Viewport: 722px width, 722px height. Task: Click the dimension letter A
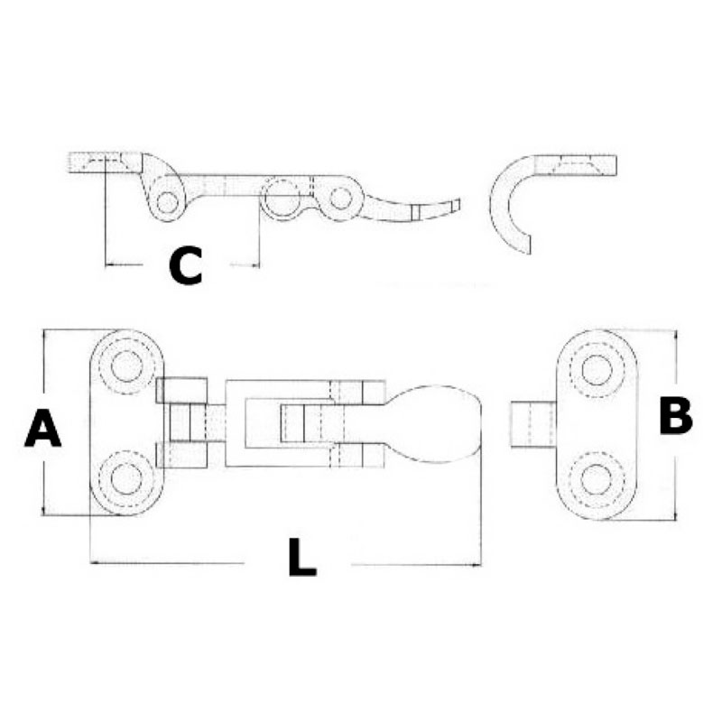pyautogui.click(x=42, y=429)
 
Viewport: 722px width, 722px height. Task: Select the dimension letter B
pyautogui.click(x=675, y=416)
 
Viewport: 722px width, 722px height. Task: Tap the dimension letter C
pyautogui.click(x=185, y=265)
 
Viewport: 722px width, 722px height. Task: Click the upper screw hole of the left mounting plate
pyautogui.click(x=126, y=366)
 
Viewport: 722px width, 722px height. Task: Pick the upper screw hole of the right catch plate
pyautogui.click(x=597, y=370)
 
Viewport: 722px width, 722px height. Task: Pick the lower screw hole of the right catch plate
pyautogui.click(x=597, y=479)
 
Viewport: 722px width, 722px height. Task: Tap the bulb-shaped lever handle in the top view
pyautogui.click(x=435, y=423)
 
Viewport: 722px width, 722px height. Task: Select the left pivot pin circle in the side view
pyautogui.click(x=167, y=202)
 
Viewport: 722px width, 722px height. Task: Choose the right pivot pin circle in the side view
pyautogui.click(x=341, y=198)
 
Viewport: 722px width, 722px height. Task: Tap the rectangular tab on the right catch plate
pyautogui.click(x=533, y=424)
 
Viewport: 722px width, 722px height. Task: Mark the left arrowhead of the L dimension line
pyautogui.click(x=95, y=562)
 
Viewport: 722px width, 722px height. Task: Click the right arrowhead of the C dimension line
pyautogui.click(x=255, y=264)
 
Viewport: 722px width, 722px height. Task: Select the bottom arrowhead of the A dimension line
pyautogui.click(x=43, y=510)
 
